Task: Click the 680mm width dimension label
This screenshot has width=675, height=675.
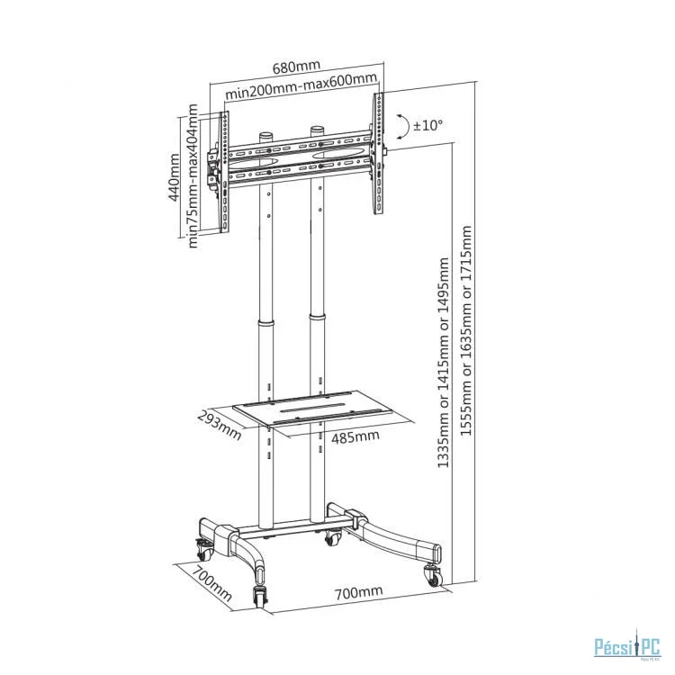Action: point(297,67)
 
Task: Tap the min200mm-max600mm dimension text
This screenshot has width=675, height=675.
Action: point(301,86)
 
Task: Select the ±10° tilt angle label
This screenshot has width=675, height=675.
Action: point(427,125)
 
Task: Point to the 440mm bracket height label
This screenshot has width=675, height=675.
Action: point(174,177)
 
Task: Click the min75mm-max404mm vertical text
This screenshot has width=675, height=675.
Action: point(193,175)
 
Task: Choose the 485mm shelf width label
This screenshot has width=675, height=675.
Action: point(355,436)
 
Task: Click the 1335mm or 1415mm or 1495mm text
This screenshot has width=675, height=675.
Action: point(444,363)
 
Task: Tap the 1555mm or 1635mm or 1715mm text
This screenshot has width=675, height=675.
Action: point(466,330)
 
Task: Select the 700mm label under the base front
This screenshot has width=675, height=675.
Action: point(358,592)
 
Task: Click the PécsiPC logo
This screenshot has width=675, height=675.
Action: point(627,647)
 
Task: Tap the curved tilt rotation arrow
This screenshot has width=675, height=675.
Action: point(406,127)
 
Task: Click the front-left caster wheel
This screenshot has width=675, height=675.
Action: point(260,596)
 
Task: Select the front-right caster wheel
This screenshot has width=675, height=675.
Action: point(432,576)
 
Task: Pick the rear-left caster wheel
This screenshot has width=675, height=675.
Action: point(204,549)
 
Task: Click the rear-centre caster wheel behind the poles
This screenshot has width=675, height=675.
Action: point(333,537)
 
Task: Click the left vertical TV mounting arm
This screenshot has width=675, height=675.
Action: point(224,172)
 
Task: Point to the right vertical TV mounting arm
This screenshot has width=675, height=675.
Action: point(378,153)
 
